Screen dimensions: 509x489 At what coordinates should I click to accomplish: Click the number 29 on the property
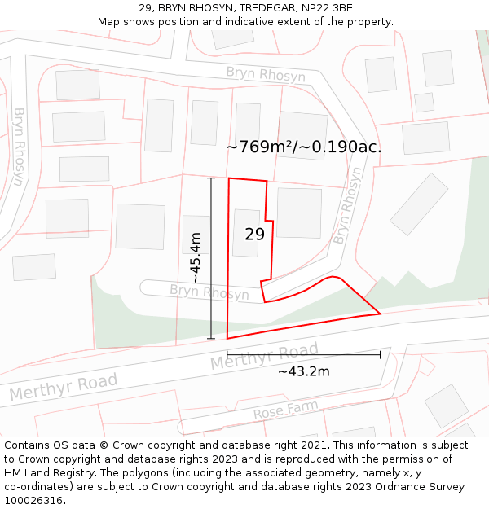[255, 235]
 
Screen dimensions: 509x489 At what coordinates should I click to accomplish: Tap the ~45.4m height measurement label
[196, 257]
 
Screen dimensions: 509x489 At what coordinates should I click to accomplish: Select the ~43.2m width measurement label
[303, 372]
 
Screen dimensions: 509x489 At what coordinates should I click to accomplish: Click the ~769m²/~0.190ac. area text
[303, 147]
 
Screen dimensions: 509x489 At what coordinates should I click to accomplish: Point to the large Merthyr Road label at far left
[64, 387]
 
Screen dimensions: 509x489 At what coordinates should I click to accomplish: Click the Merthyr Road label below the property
[264, 358]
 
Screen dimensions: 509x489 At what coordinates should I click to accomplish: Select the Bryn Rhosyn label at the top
[266, 76]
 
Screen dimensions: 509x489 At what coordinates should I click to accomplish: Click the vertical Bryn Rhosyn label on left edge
[18, 147]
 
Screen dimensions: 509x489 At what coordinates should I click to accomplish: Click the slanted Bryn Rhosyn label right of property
[347, 207]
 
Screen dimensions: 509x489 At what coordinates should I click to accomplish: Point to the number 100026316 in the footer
[33, 501]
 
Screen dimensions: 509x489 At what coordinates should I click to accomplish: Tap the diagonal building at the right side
[419, 204]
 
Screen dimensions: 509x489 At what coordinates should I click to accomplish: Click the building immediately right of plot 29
[299, 213]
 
